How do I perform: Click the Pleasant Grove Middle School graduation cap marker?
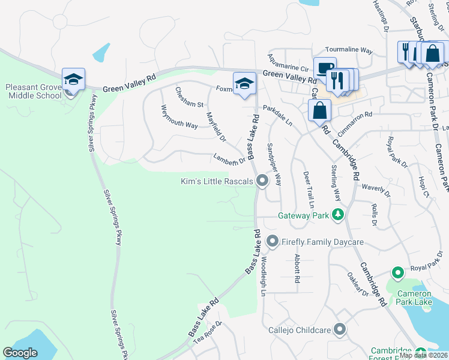[73, 80]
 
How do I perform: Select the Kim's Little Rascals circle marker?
[262, 181]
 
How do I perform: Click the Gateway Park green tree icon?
[338, 214]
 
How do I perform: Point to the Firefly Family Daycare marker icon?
[273, 241]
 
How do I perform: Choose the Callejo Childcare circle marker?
[340, 329]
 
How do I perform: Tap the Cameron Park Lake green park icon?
[397, 273]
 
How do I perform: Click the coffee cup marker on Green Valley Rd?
[325, 68]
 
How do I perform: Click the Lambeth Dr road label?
[229, 158]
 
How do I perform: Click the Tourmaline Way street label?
[349, 50]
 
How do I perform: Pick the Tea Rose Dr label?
[208, 331]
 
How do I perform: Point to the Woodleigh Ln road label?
[263, 276]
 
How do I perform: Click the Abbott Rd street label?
[297, 268]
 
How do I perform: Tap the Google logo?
[20, 353]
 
